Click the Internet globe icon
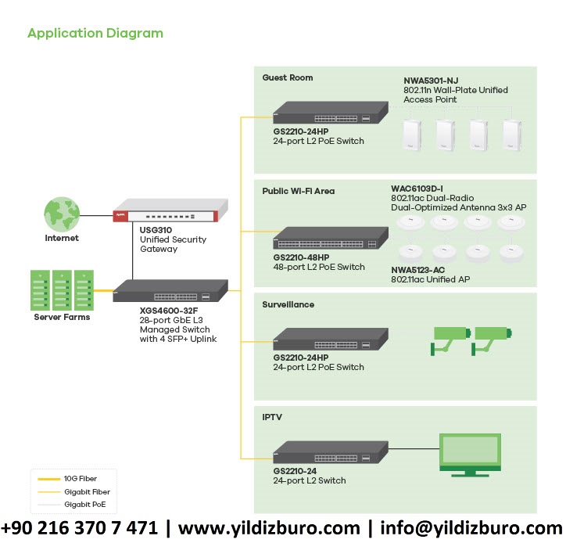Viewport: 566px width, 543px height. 61,214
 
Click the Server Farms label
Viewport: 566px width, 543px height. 62,317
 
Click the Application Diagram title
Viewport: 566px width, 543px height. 95,34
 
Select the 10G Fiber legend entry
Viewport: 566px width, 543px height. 81,477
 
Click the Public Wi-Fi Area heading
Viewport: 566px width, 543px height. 299,190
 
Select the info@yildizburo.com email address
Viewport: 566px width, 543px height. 467,527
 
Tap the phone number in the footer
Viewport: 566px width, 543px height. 80,527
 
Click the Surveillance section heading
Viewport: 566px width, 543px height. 288,304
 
